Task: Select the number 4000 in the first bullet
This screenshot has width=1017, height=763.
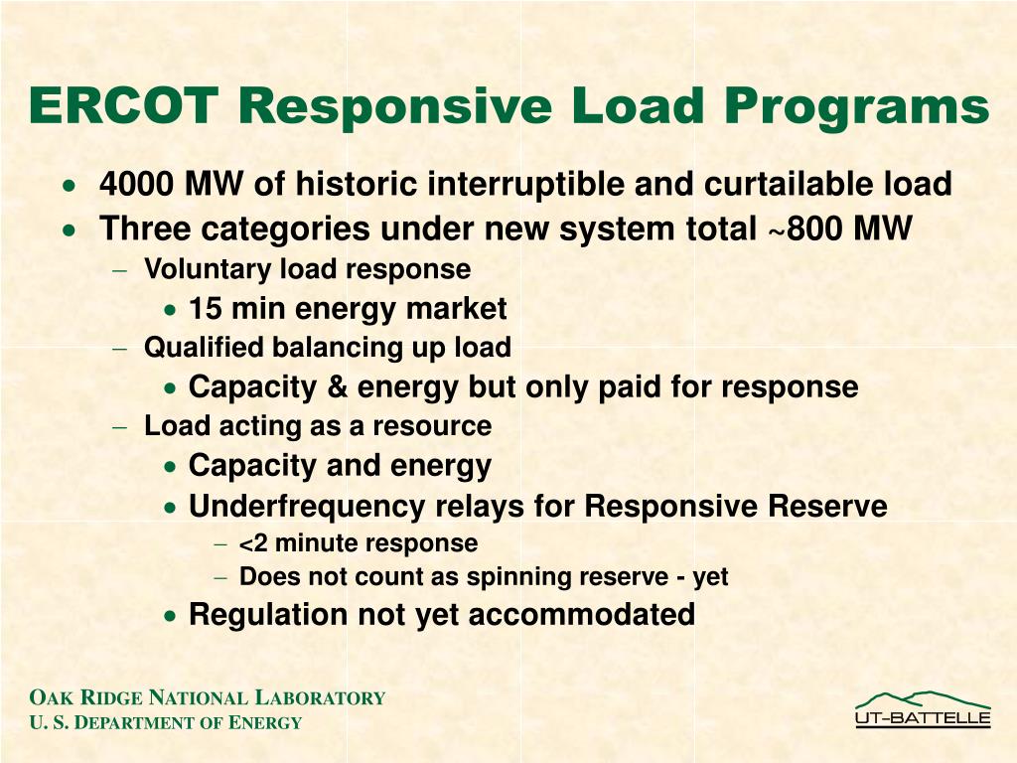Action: [x=134, y=185]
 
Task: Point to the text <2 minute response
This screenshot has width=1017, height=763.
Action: [x=359, y=544]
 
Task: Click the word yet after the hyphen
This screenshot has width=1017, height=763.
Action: [x=711, y=577]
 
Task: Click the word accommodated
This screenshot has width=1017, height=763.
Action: [x=581, y=615]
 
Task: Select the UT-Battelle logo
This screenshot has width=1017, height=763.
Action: [x=923, y=709]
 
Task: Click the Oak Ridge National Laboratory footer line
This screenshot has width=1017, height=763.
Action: [x=207, y=698]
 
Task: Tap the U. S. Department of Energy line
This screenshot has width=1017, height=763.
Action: [x=165, y=723]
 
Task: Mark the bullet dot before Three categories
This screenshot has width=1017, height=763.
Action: [x=68, y=230]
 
